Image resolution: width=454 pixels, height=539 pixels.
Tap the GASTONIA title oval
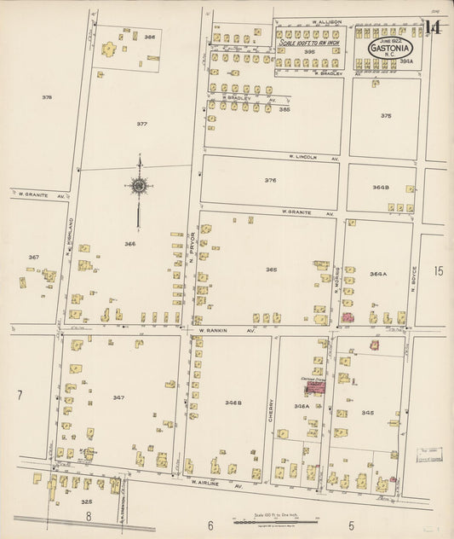391,49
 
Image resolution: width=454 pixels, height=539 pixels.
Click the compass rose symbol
138,183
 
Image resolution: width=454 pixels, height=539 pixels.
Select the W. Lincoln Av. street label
313,158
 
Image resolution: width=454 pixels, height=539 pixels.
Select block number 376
271,180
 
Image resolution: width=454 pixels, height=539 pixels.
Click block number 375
386,115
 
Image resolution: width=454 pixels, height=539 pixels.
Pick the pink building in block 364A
348,317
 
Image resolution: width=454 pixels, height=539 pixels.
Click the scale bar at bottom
273,519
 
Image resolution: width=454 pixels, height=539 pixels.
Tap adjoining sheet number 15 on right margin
438,271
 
